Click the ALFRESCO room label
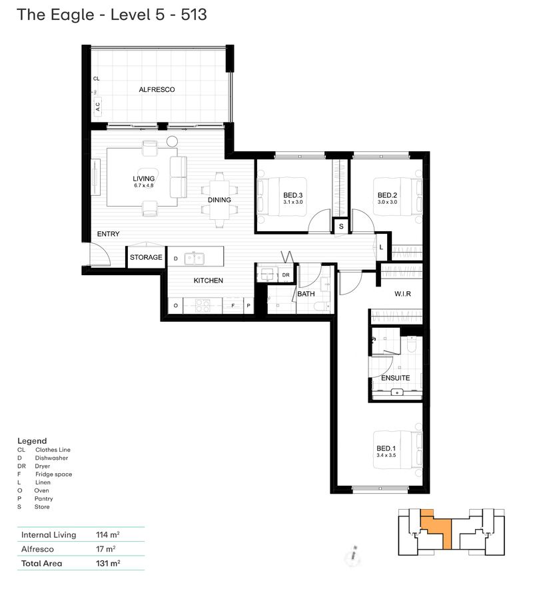[157, 89]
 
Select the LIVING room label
[143, 179]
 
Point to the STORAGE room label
[146, 257]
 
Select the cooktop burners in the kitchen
[202, 305]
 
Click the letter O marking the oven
[175, 305]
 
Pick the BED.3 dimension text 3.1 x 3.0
[292, 202]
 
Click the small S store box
[340, 227]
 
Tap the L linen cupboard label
[381, 247]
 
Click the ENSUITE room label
[395, 378]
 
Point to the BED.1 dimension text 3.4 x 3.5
[386, 455]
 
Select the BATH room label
[306, 293]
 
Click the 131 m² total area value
[107, 563]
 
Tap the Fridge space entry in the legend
[53, 474]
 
